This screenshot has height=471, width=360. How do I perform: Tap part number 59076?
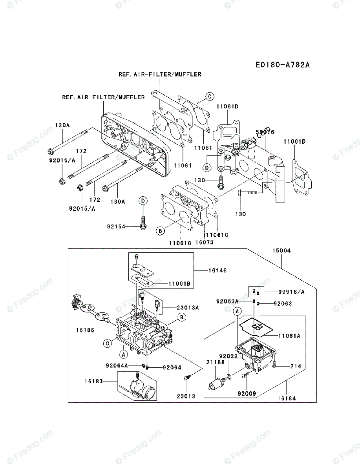(x=265, y=132)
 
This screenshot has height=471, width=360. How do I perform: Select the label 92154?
(x=115, y=226)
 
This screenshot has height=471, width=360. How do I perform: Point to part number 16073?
(x=204, y=243)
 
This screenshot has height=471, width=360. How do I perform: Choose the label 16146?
(x=217, y=270)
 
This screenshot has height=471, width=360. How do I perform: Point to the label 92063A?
(x=227, y=301)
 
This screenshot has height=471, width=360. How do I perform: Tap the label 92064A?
(x=117, y=365)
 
